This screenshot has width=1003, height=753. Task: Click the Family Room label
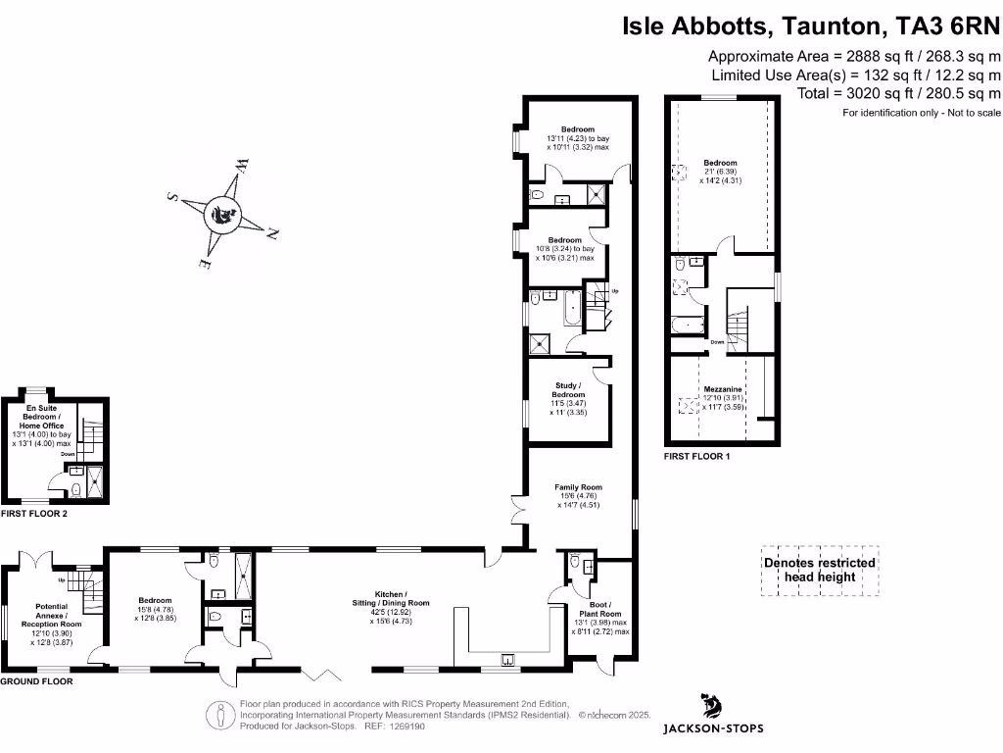click(x=578, y=487)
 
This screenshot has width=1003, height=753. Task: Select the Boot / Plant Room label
click(x=600, y=609)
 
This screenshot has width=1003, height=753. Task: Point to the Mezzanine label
click(x=723, y=389)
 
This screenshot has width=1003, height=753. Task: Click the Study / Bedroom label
click(x=568, y=390)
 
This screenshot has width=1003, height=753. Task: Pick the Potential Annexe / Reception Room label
click(x=52, y=616)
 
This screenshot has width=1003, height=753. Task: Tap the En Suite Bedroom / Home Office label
click(x=41, y=417)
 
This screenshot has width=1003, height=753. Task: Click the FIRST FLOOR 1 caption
click(x=696, y=457)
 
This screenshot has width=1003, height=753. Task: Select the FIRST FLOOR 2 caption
click(x=34, y=514)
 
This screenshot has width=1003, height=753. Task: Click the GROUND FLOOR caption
click(x=36, y=681)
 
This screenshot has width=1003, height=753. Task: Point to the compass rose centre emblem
click(x=222, y=215)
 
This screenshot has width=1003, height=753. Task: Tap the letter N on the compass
click(x=272, y=233)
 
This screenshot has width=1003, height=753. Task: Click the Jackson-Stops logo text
click(x=713, y=728)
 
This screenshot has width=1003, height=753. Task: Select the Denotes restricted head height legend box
click(x=820, y=571)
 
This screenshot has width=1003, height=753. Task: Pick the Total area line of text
click(x=899, y=93)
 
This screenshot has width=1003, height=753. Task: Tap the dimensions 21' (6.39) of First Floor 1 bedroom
click(x=720, y=172)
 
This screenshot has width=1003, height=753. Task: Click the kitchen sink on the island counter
click(x=507, y=659)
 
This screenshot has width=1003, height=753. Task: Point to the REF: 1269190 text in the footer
click(x=395, y=727)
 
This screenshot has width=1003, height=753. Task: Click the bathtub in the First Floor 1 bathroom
click(x=688, y=326)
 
